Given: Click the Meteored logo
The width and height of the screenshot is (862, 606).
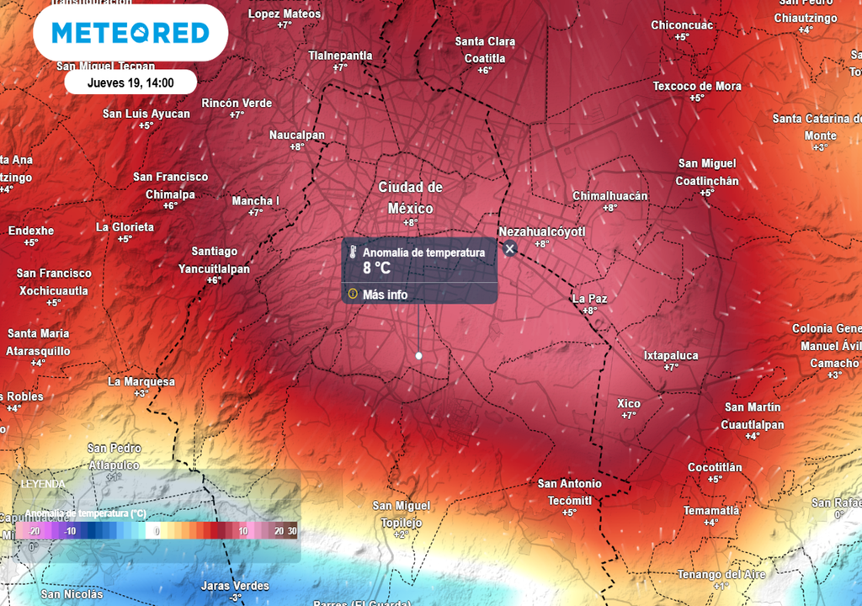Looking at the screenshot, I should tap(130, 33).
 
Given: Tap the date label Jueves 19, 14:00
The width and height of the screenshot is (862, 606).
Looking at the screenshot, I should tap(130, 82).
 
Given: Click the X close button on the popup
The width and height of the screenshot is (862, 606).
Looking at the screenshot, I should tap(509, 248).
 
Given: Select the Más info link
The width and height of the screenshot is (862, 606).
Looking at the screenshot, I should tap(385, 295).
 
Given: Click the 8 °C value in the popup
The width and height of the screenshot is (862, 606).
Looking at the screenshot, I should tap(376, 268).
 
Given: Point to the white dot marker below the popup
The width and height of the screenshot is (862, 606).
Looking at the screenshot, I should tap(418, 356).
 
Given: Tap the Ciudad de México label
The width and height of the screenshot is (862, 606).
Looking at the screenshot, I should tap(410, 197).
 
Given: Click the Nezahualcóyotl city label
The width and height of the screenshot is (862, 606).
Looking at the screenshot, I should tap(541, 231).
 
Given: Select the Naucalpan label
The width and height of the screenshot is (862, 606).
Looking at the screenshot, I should tap(296, 135).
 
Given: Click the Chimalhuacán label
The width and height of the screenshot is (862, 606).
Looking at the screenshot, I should tap(609, 196).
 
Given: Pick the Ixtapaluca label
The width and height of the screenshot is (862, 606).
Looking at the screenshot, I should tap(671, 355).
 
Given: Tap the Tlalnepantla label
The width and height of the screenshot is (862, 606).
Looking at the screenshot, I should tap(340, 56).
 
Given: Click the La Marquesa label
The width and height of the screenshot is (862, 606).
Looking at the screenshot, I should tap(141, 381).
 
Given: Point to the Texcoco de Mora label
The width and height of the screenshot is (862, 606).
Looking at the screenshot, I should tap(697, 86).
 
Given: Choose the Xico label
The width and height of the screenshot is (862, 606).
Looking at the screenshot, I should tap(629, 403).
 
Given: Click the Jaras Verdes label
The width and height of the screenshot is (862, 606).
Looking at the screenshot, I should tap(235, 586).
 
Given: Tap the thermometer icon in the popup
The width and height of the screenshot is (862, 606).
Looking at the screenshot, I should tap(354, 252).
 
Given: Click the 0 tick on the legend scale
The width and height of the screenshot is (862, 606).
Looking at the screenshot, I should tap(157, 531).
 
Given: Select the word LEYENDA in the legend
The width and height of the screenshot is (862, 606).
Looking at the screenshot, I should tap(42, 484).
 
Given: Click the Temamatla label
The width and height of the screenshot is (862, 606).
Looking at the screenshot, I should tap(711, 510).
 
